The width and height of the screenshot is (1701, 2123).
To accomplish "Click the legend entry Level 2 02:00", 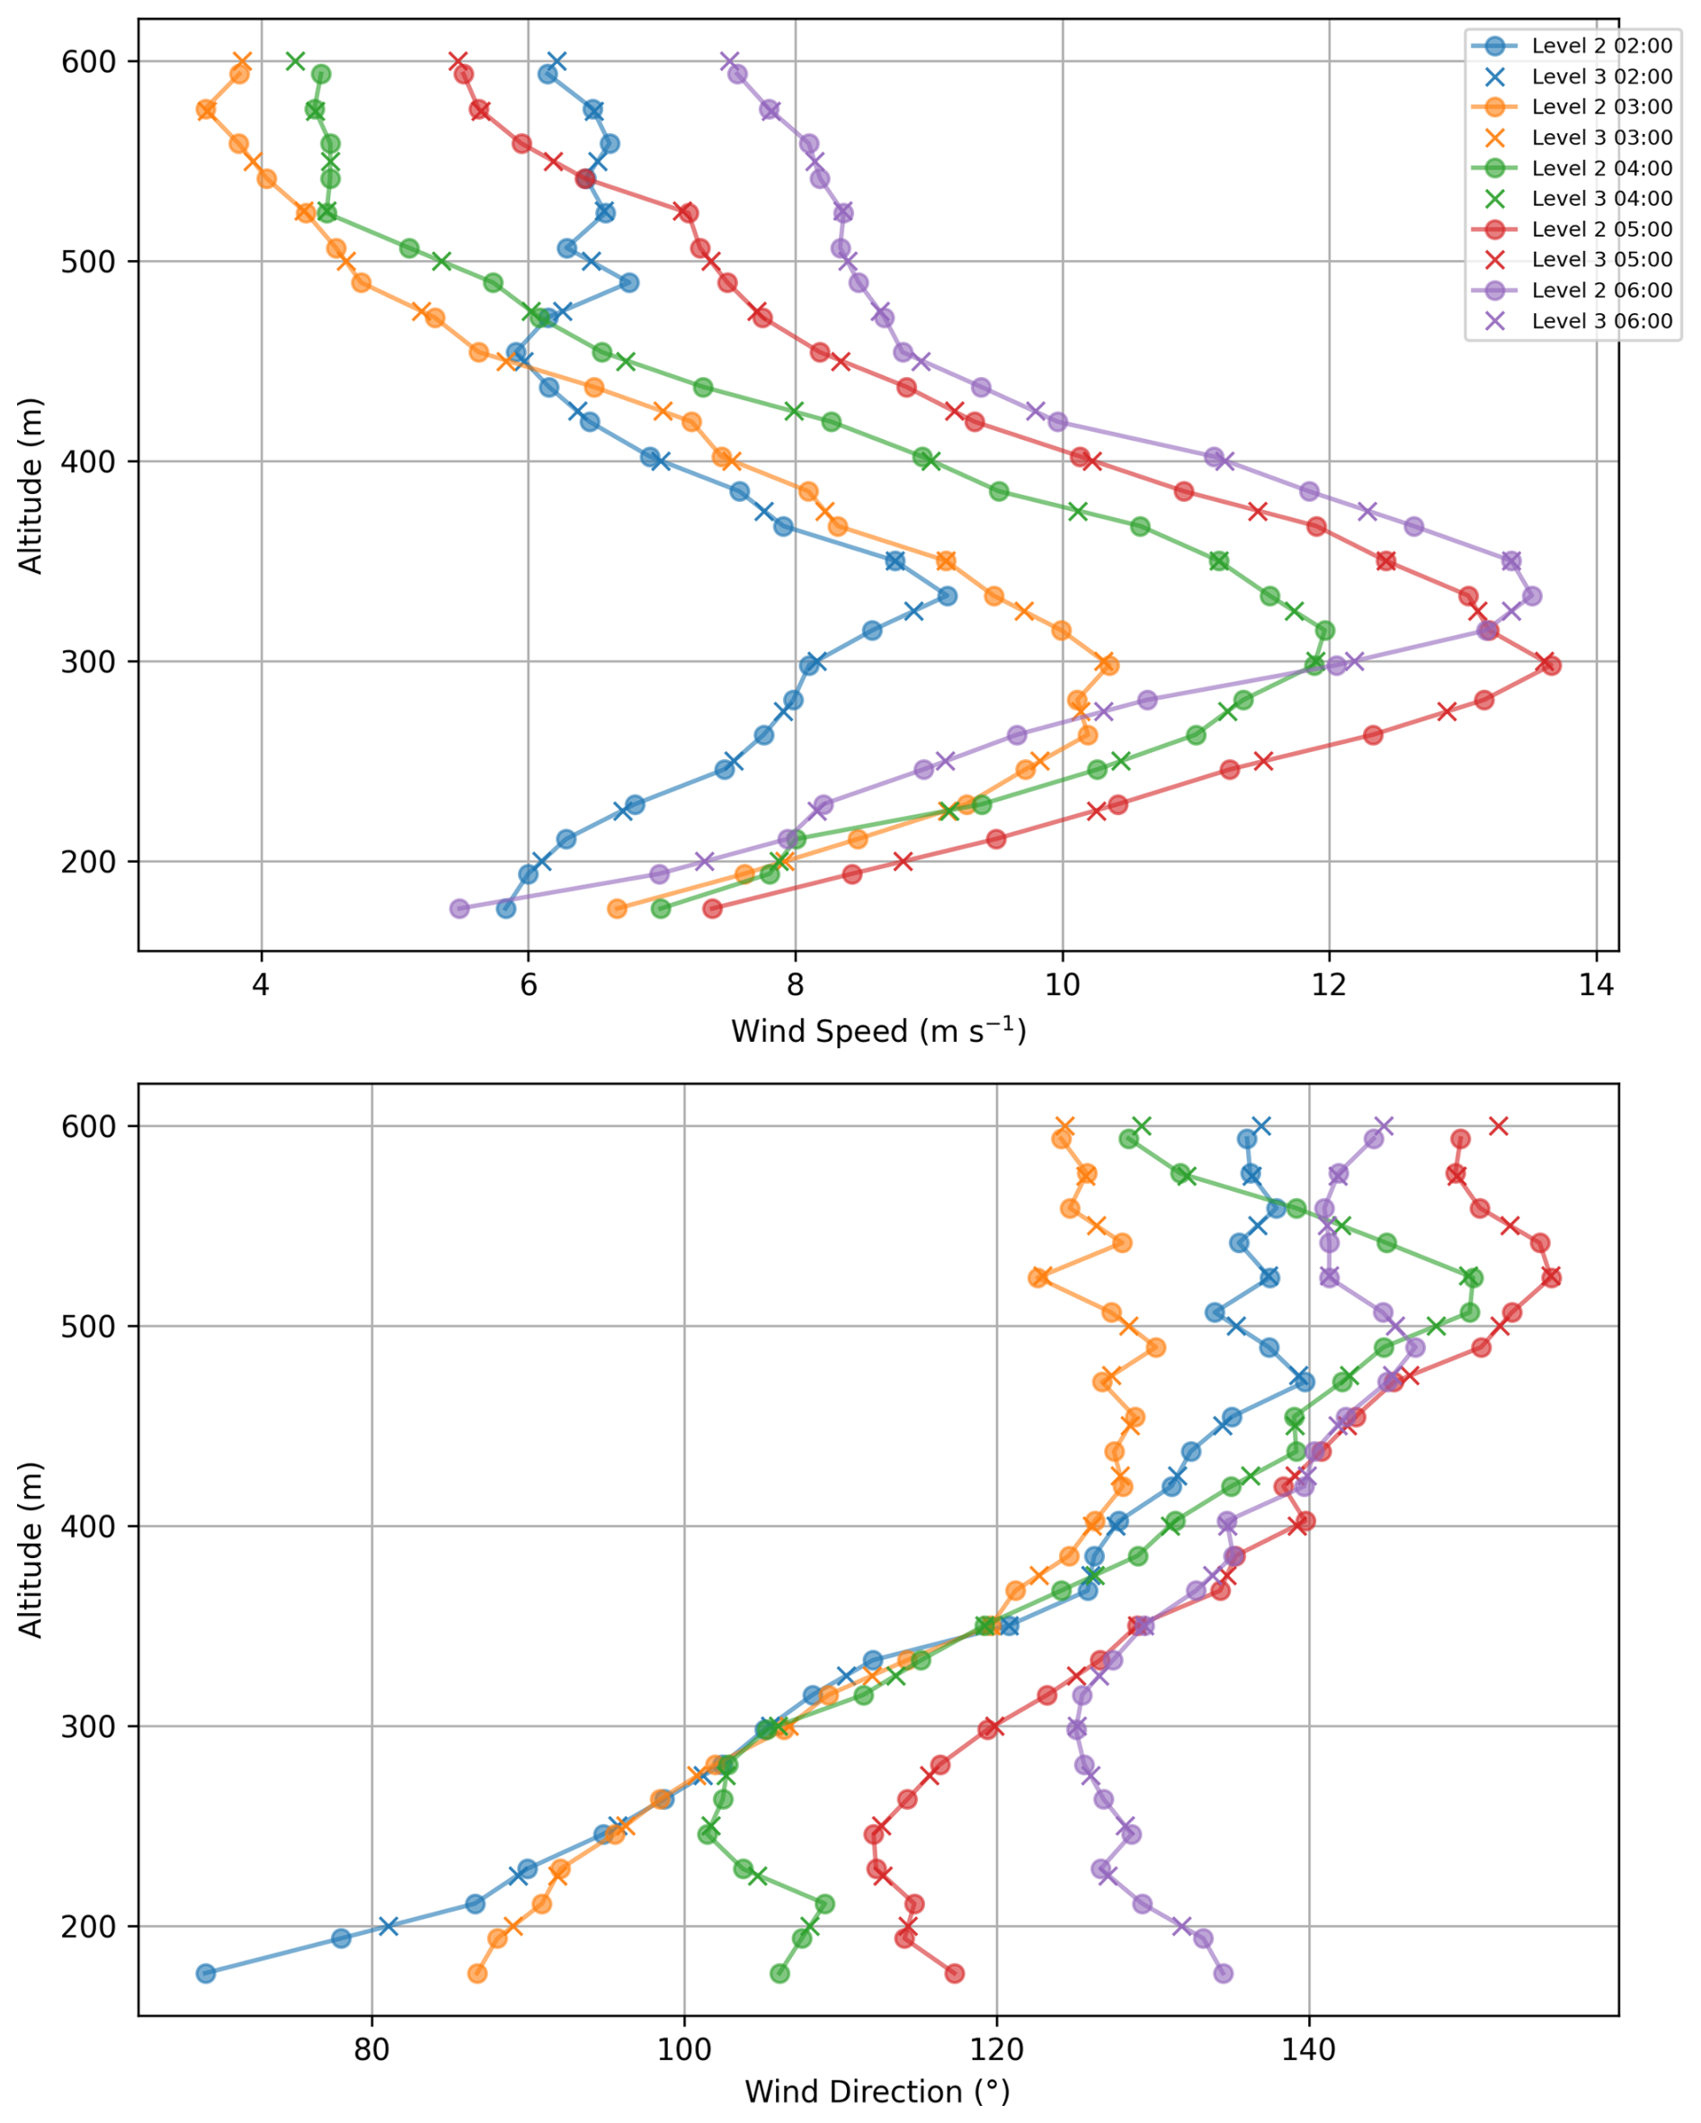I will point(1600,45).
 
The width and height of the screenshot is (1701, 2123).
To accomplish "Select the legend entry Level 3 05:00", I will point(1600,260).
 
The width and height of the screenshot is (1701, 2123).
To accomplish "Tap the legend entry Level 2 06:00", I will point(1600,291).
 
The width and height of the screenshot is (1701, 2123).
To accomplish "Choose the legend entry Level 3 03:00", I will point(1600,138).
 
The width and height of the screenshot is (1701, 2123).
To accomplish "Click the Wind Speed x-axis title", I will point(878,1032).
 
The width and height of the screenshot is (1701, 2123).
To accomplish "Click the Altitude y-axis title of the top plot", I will point(31,486).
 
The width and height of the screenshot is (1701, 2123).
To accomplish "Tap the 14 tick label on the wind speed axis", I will point(1596,985).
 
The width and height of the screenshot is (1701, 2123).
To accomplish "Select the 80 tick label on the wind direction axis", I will point(372,2050).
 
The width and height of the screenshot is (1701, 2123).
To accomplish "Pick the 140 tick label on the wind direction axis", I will point(1308,2050).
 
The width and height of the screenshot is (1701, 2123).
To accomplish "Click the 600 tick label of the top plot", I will point(89,61).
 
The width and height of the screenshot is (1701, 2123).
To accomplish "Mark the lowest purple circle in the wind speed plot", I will point(459,908).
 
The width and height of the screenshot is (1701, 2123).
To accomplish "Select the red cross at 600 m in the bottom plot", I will point(1498,1125).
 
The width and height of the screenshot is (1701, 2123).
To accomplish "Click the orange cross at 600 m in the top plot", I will point(242,61).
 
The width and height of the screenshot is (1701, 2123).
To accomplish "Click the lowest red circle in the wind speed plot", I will point(713,908).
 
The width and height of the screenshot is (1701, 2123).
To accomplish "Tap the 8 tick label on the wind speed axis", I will point(796,985).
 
